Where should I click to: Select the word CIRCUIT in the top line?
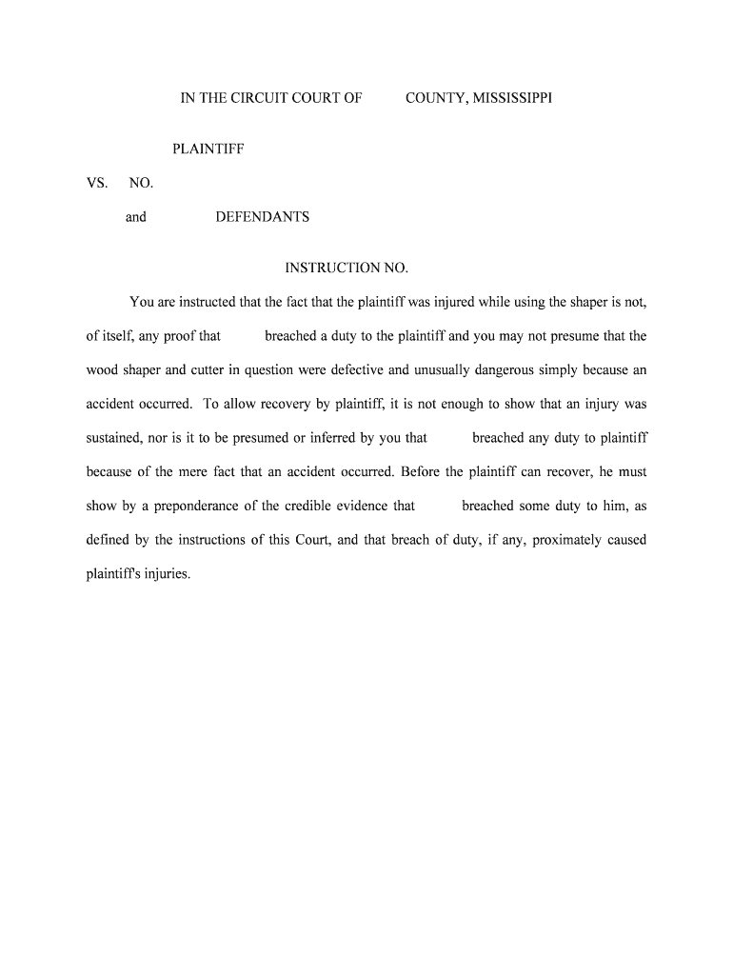(x=255, y=97)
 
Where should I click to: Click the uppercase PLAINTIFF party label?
(x=208, y=149)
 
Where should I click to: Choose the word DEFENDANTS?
(x=262, y=217)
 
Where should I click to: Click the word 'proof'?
(x=180, y=336)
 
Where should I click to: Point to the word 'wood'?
(x=102, y=370)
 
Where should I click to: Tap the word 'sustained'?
(x=113, y=438)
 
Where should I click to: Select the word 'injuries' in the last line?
(x=168, y=574)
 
